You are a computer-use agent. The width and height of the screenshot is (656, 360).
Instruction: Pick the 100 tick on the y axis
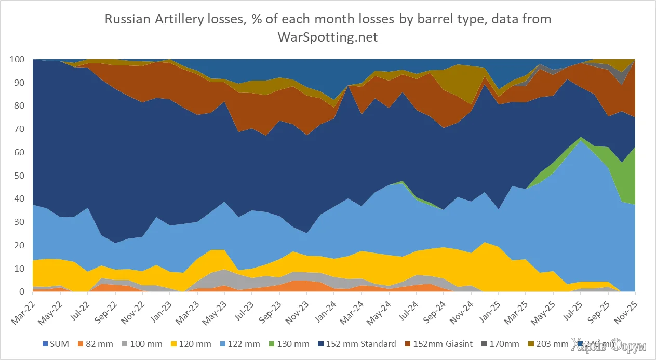pos(18,60)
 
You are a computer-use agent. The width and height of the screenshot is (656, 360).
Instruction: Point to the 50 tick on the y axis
pos(20,176)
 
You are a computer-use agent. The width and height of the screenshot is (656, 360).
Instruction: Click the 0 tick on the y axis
pos(22,292)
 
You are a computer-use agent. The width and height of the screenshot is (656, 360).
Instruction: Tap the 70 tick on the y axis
pos(20,129)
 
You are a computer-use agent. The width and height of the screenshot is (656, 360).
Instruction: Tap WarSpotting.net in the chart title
pos(328,37)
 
